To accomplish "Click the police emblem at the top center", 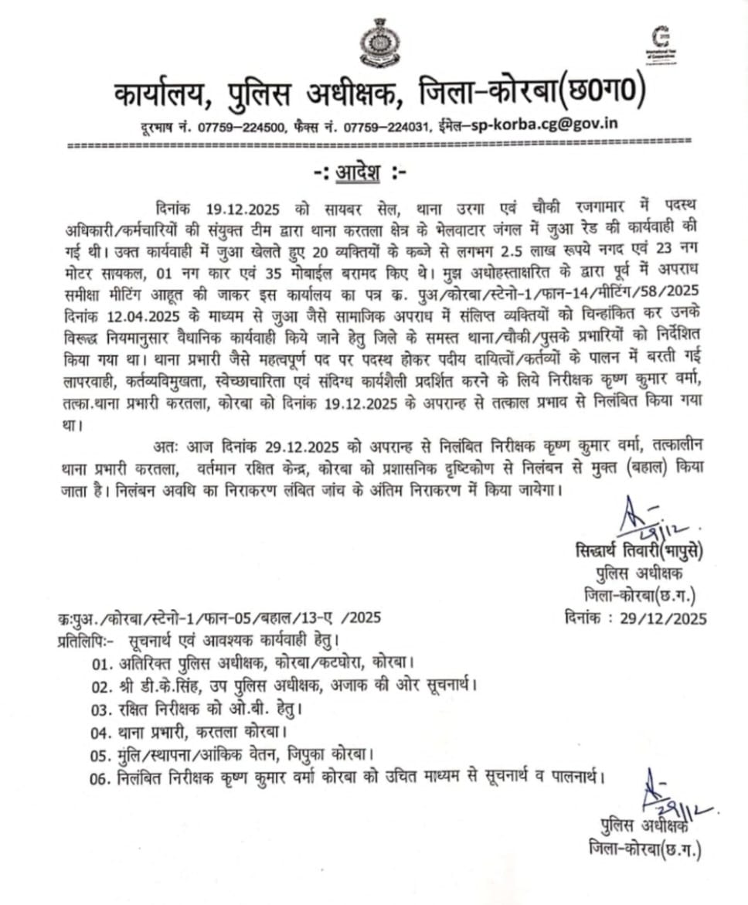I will [x=377, y=43].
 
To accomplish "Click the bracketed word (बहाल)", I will [x=633, y=467].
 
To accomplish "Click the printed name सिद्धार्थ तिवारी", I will [x=614, y=551].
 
